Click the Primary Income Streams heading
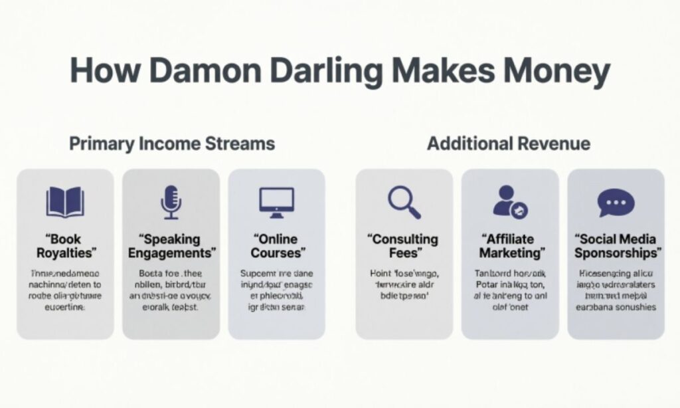pos(172,144)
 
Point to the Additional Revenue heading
pos(509,144)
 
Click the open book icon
pos(65,202)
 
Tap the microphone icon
pos(171,202)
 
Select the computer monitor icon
pos(276,202)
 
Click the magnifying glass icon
pos(404,202)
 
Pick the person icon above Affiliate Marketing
pos(509,202)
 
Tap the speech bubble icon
pos(616,202)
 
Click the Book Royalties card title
pos(65,246)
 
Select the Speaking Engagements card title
pos(171,246)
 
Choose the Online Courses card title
pos(277,246)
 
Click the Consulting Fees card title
pos(404,246)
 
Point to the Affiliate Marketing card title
pos(509,246)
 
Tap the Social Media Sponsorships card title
pos(616,246)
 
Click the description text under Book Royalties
pos(65,290)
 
